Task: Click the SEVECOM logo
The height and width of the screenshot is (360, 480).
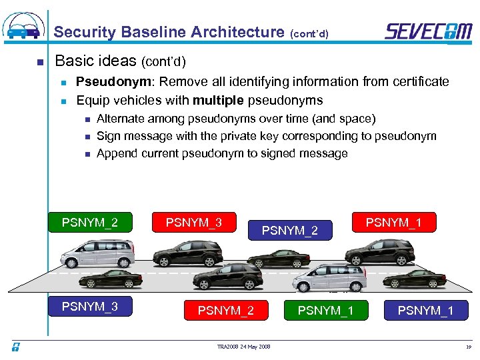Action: click(428, 31)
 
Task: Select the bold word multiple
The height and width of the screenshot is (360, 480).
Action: click(218, 101)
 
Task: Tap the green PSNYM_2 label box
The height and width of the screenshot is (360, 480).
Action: click(89, 222)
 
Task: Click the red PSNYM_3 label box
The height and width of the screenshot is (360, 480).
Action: click(193, 222)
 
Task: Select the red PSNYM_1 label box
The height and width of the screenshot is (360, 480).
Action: click(393, 221)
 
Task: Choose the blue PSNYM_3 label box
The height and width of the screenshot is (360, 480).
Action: click(89, 307)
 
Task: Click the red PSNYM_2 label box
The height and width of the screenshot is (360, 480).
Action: click(225, 310)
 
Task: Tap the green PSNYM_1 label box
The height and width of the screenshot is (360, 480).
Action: click(325, 310)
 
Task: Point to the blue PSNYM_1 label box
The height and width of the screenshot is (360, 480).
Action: click(425, 310)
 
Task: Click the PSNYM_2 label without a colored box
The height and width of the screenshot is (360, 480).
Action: click(290, 231)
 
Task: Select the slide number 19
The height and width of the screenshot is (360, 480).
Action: click(468, 347)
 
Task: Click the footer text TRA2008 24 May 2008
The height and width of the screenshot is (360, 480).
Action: click(243, 347)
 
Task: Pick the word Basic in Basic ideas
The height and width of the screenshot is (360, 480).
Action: click(75, 61)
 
